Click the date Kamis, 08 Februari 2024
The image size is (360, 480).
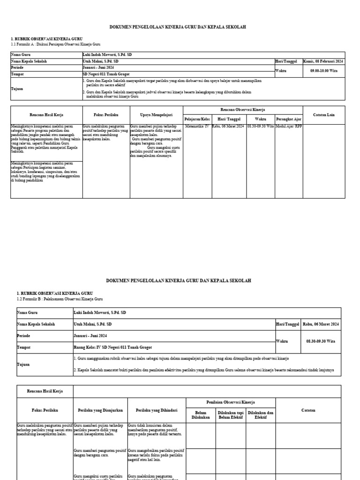323,61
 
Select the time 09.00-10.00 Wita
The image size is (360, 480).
323,71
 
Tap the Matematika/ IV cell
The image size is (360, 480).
197,127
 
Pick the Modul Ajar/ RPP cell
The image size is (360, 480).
289,127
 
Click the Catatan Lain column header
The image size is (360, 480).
324,114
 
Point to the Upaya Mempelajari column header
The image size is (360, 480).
156,114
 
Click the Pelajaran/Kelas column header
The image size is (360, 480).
197,119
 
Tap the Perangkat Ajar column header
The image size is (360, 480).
289,119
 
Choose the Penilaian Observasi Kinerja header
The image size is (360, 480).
230,402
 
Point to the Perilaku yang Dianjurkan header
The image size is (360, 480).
100,410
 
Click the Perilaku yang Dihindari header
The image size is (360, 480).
157,410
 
